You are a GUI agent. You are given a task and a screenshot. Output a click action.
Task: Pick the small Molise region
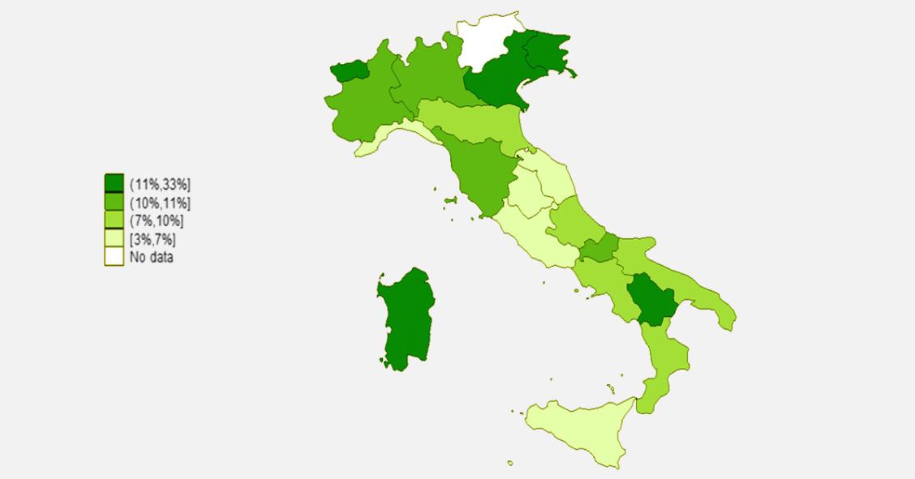(x=599, y=249)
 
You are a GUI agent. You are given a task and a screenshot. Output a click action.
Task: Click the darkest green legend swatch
(x=114, y=183)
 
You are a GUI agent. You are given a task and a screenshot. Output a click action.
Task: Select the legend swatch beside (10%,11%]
(x=114, y=202)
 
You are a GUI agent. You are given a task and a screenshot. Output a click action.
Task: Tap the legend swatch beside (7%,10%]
(x=114, y=220)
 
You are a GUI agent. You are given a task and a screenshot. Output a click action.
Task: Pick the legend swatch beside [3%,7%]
(x=114, y=239)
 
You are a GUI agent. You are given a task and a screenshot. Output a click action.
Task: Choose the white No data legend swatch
(x=114, y=258)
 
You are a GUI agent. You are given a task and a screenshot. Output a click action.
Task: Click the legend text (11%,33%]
(x=160, y=183)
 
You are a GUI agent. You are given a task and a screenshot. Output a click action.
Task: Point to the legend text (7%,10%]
(x=157, y=220)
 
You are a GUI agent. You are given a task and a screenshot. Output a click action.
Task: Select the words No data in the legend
(x=152, y=258)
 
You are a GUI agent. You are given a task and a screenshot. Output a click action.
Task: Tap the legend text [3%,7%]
(x=153, y=239)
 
